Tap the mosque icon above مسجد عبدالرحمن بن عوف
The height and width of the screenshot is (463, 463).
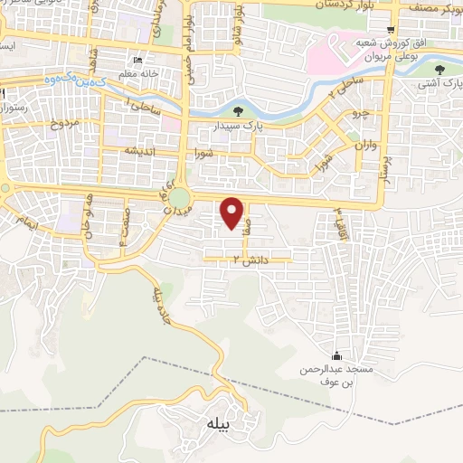337,355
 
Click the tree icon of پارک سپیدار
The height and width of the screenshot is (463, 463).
238,112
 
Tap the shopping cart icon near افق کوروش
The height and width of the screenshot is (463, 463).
390,29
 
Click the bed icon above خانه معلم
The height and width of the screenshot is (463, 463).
137,61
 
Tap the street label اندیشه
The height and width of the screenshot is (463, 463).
145,151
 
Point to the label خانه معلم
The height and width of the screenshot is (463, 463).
142,74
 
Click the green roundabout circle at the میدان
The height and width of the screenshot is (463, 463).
179,197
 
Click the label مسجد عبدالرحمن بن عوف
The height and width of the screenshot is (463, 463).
336,376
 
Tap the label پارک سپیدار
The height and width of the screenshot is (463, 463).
237,128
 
